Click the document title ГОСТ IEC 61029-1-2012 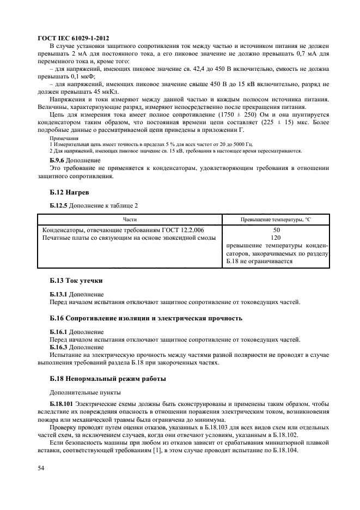[73, 38]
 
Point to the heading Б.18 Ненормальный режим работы [108, 378]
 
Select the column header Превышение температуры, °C [276, 218]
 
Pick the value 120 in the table [276, 238]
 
